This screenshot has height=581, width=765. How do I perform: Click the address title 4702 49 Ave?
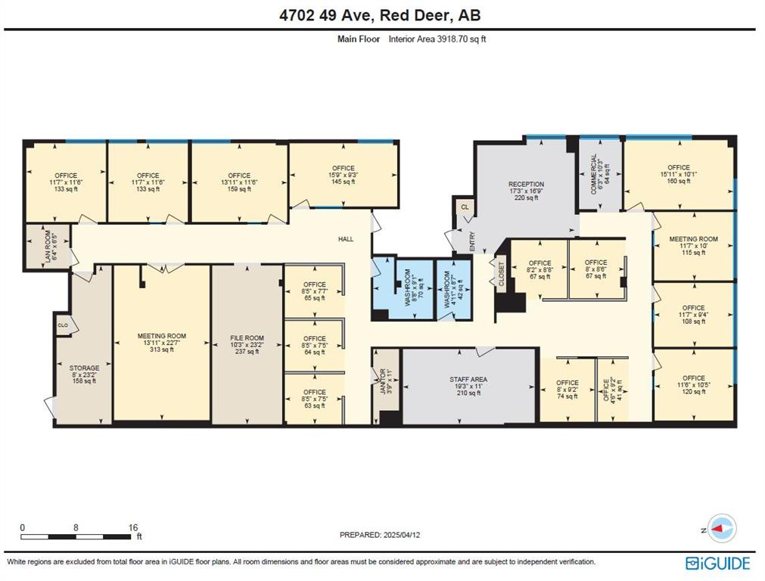point(382,15)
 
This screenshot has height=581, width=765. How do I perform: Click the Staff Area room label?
point(468,380)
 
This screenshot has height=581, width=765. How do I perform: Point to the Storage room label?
point(84,368)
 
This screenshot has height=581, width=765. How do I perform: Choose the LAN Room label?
point(47,246)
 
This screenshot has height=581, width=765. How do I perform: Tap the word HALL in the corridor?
point(346,239)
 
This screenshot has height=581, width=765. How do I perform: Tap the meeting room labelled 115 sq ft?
point(693,246)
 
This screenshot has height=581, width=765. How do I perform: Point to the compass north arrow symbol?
point(723,528)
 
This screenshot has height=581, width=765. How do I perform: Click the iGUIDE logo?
point(718,563)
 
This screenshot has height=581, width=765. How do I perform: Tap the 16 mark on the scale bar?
point(132,527)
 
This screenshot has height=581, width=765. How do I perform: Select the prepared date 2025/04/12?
point(380,535)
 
